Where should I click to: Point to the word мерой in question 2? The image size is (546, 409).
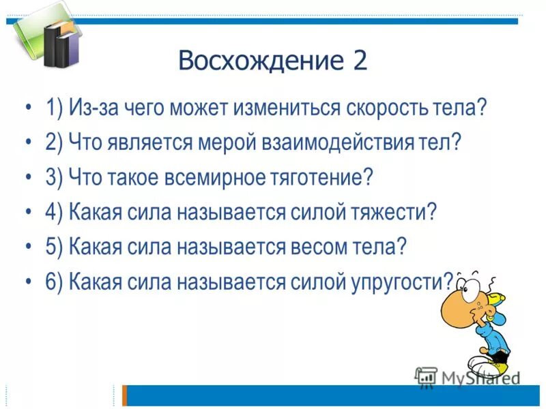[x=227, y=142]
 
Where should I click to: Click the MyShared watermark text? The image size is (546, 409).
[x=477, y=377]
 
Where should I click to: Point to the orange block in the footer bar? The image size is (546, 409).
[x=125, y=395]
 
